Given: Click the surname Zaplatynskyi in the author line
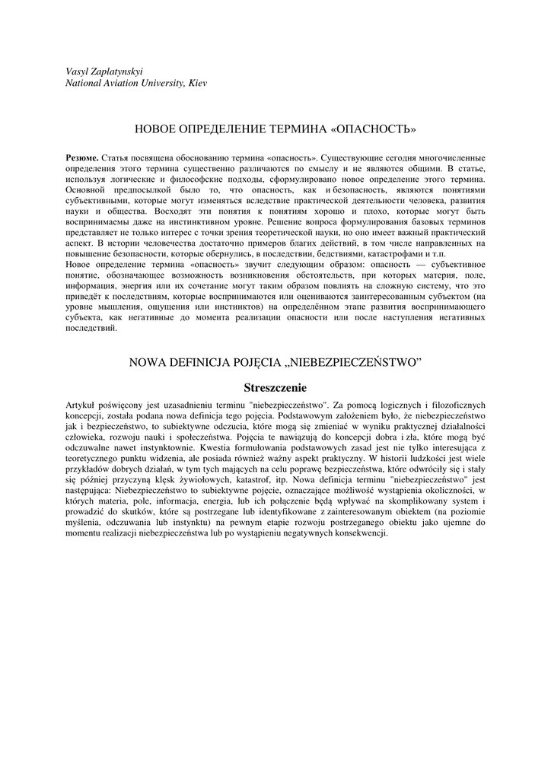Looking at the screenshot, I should coord(112,71).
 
